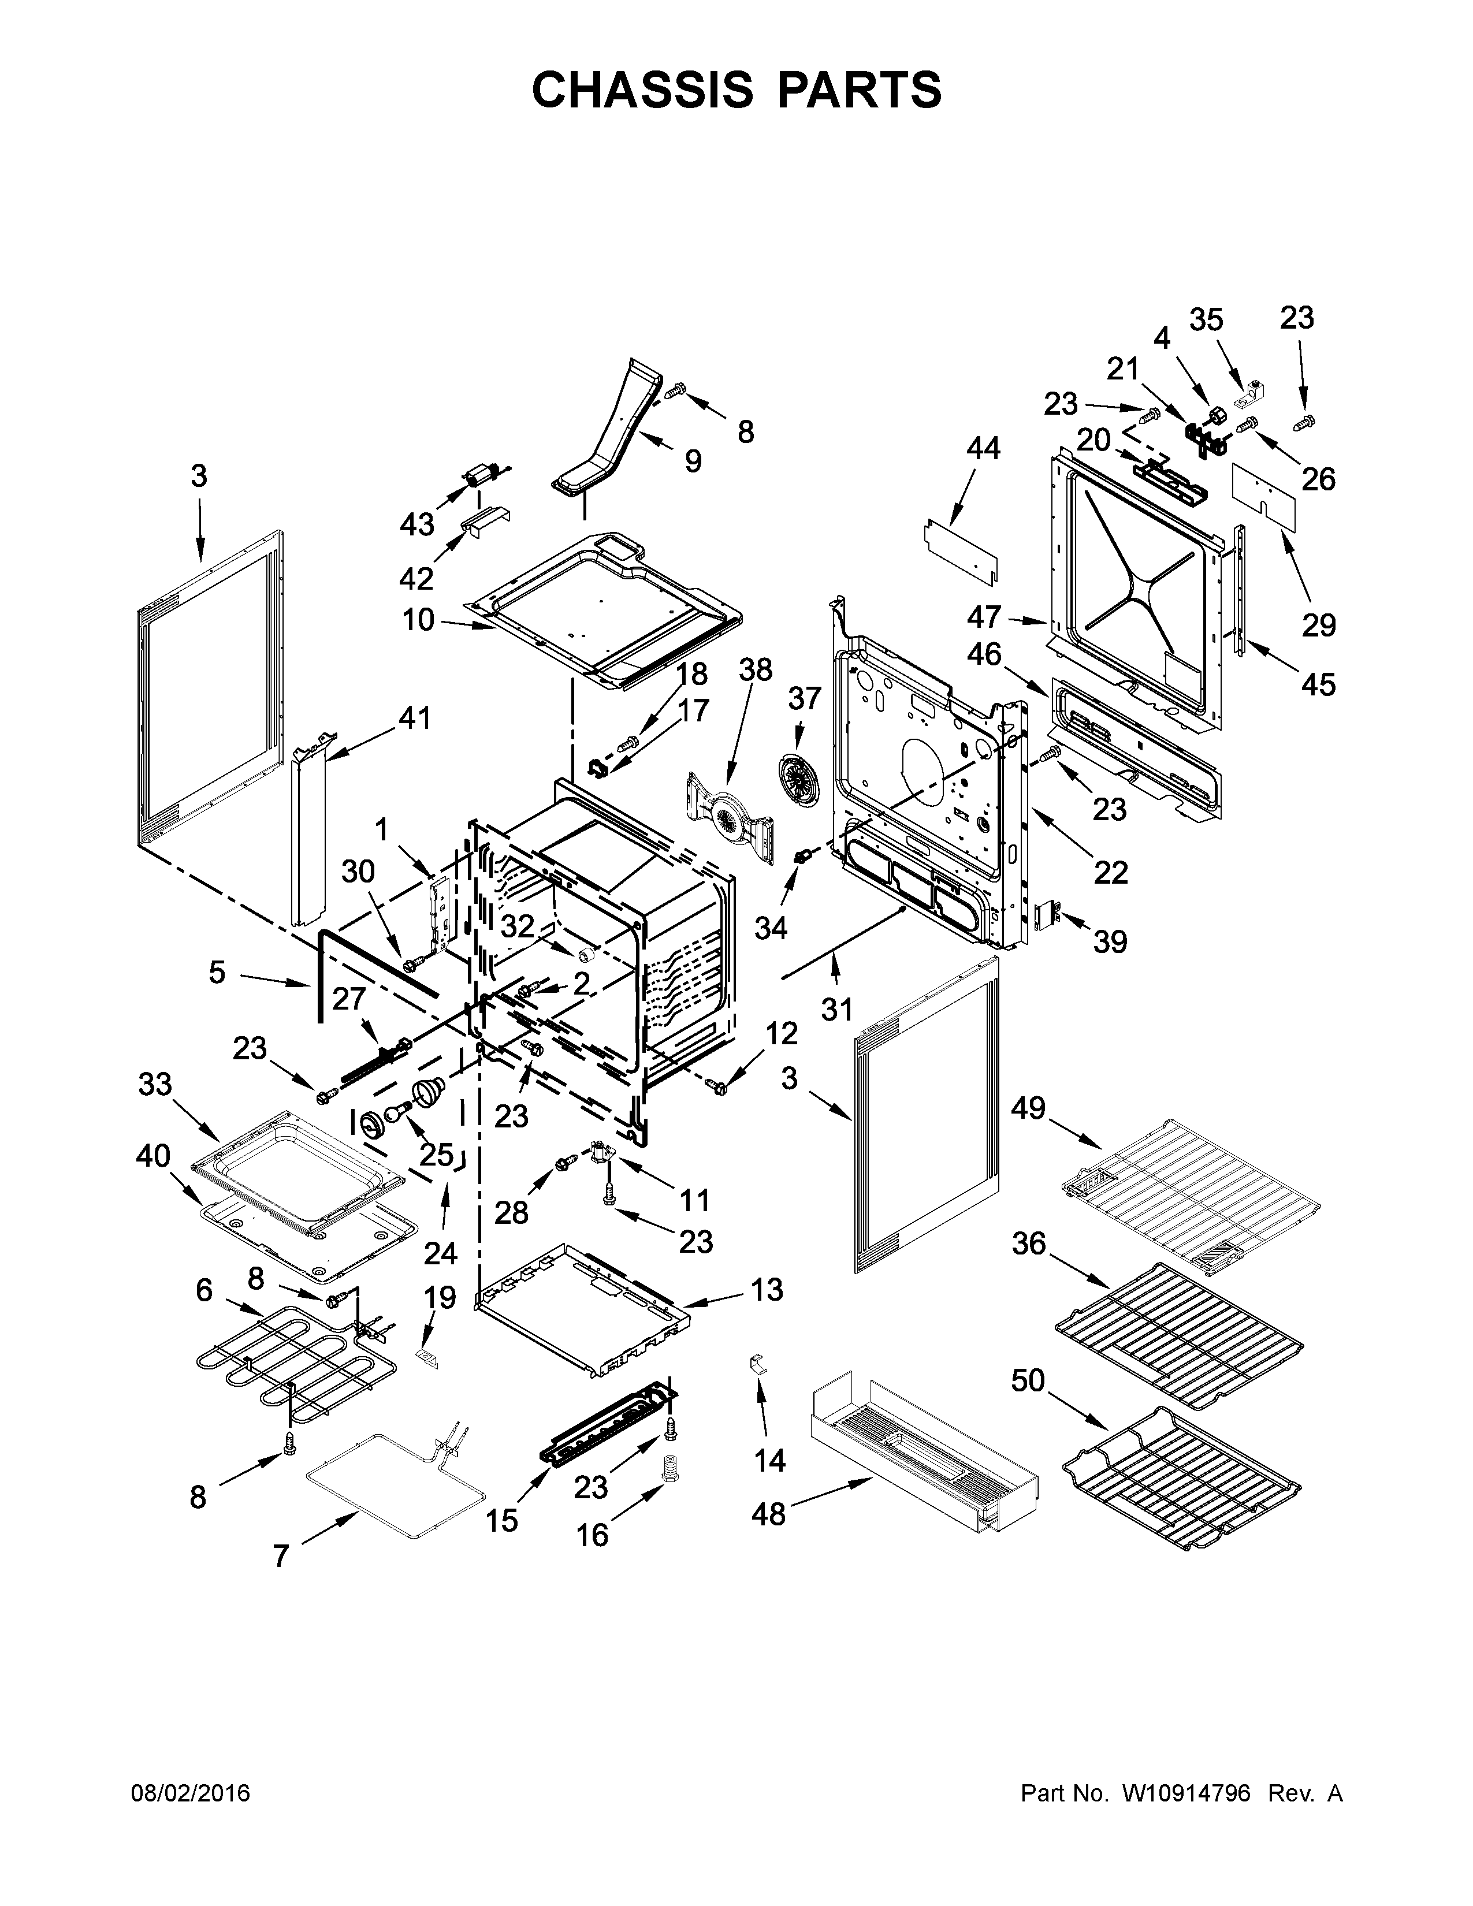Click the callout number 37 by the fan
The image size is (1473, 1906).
tap(805, 698)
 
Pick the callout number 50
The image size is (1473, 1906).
tap(1028, 1380)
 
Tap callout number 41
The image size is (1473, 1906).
tap(415, 719)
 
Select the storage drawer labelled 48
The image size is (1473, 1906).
tap(925, 1449)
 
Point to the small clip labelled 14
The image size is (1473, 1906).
tap(758, 1363)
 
